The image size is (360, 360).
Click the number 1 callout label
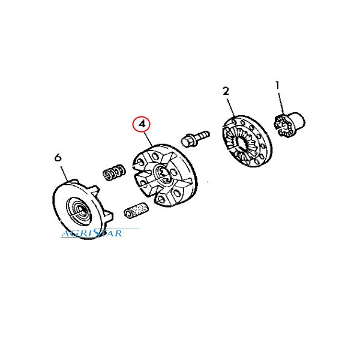pyautogui.click(x=278, y=86)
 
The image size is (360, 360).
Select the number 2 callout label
pyautogui.click(x=226, y=91)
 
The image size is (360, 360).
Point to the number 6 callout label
pyautogui.click(x=58, y=157)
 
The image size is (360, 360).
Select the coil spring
pyautogui.click(x=114, y=172)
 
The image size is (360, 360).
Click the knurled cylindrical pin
pyautogui.click(x=136, y=211)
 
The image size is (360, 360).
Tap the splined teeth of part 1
pyautogui.click(x=283, y=127)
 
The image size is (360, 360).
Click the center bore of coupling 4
pyautogui.click(x=163, y=175)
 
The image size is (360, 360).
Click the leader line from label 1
pyautogui.click(x=281, y=103)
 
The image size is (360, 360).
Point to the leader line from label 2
pyautogui.click(x=231, y=108)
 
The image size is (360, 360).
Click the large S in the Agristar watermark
pyautogui.click(x=98, y=232)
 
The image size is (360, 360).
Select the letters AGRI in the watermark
pyautogui.click(x=77, y=234)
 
